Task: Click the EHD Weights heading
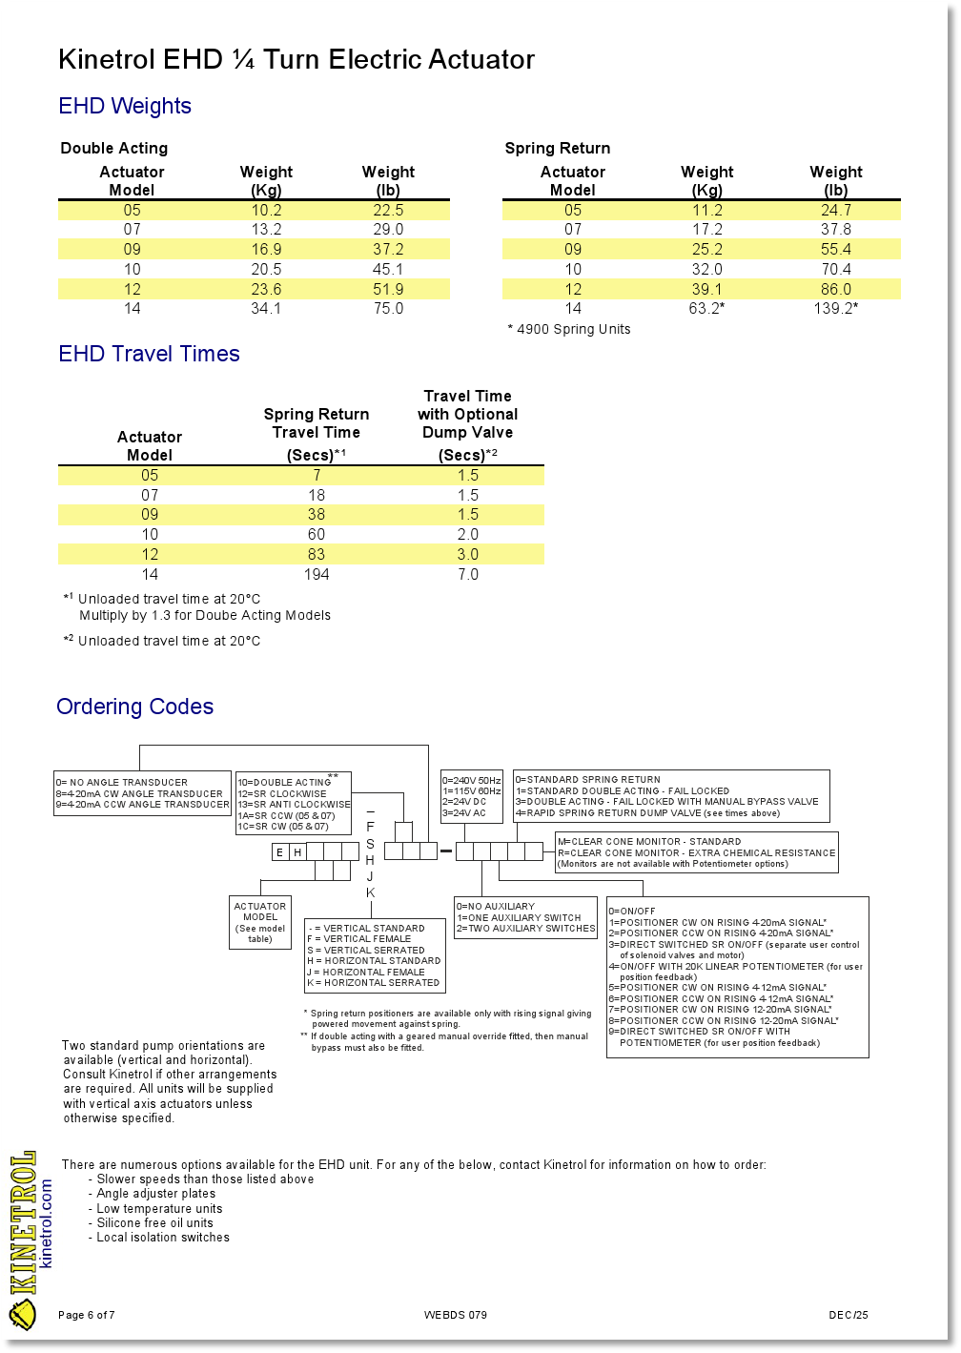coord(125,106)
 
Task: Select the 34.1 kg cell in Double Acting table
coord(266,308)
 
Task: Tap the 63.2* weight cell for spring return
coord(706,308)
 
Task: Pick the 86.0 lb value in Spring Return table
coord(835,289)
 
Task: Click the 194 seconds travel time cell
coord(317,574)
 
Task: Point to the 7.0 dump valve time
coord(467,574)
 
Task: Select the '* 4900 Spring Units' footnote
coord(569,329)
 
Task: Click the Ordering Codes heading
coord(134,707)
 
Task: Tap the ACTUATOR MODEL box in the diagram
coord(260,922)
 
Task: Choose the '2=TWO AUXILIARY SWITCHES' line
coord(525,929)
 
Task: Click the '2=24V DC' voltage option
coord(464,802)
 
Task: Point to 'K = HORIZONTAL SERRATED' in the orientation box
coord(373,983)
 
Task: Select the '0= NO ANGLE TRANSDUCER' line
coord(122,783)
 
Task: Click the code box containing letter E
coord(279,851)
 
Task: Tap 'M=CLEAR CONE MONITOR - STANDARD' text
coord(649,842)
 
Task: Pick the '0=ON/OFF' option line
coord(633,912)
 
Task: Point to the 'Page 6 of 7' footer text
coord(87,1315)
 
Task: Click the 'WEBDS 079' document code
coord(456,1315)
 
